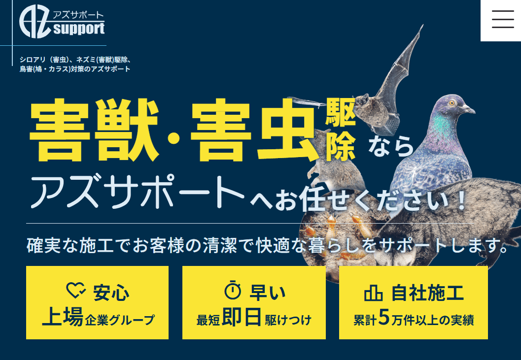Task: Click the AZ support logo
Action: click(x=62, y=22)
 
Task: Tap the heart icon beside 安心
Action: click(x=75, y=291)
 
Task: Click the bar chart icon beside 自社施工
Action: click(x=373, y=294)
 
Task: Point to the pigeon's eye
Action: click(x=452, y=103)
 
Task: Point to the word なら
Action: click(x=391, y=146)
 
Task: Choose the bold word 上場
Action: click(x=62, y=317)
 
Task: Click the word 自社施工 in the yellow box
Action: click(x=427, y=293)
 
